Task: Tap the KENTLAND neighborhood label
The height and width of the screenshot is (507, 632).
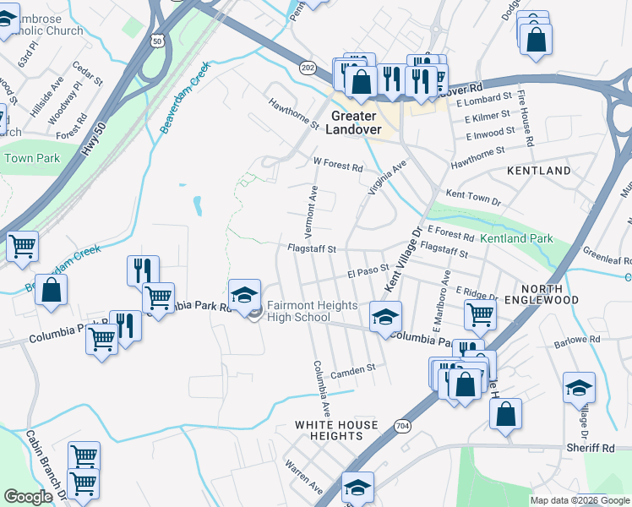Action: (x=538, y=171)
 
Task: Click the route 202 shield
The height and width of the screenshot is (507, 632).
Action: (x=308, y=66)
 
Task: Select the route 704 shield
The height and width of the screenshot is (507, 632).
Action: (x=402, y=426)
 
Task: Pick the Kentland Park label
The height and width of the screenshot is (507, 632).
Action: (x=516, y=239)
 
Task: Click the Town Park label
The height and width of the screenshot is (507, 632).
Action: (x=31, y=158)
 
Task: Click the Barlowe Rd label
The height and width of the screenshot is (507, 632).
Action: (x=576, y=340)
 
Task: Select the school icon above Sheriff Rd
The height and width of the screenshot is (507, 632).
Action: (x=579, y=388)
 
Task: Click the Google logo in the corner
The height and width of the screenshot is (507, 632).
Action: (x=29, y=498)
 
